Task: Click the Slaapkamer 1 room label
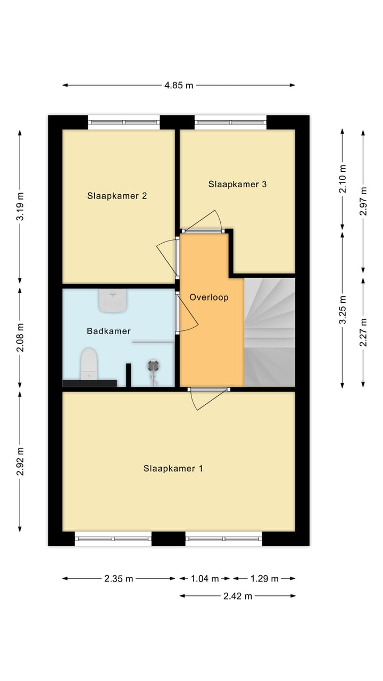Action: tap(173, 469)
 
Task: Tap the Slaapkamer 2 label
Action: tap(117, 196)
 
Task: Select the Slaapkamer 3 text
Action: tap(237, 185)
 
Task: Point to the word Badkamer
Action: tap(109, 331)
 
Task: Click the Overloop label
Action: tap(209, 297)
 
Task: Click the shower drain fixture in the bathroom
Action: tap(154, 366)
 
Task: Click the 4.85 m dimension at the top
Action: tap(178, 85)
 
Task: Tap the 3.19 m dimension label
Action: tap(20, 207)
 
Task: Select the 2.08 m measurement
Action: tap(20, 338)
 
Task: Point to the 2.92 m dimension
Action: tap(20, 461)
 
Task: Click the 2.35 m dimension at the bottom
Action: tap(119, 579)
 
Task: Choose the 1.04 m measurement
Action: tap(205, 579)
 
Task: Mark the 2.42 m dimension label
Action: tap(237, 596)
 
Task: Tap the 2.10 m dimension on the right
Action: tap(343, 179)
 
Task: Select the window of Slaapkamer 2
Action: tap(123, 122)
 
